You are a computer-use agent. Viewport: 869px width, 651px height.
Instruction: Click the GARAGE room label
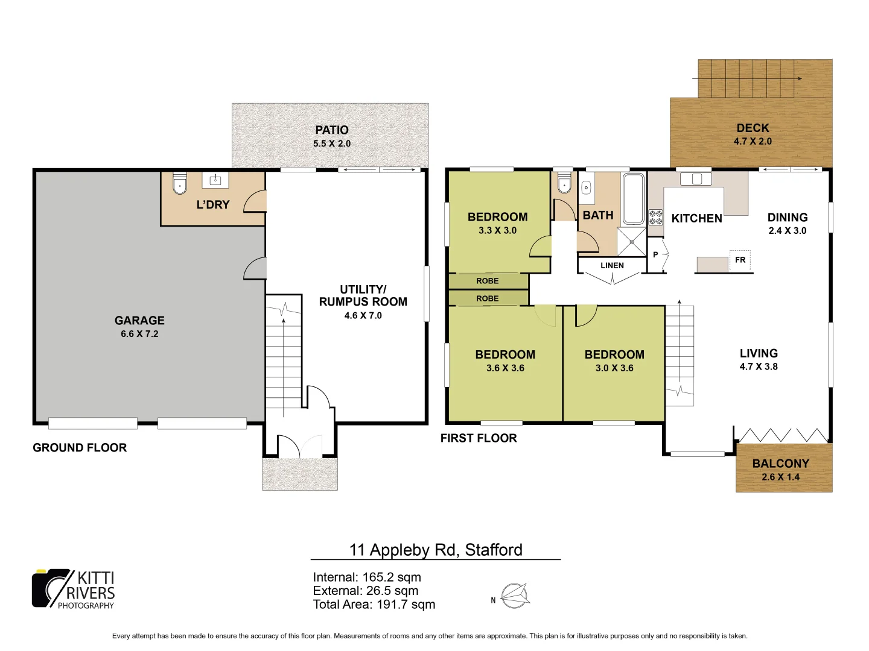(x=139, y=321)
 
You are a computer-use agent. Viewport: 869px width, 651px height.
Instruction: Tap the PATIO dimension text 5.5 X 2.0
(x=331, y=143)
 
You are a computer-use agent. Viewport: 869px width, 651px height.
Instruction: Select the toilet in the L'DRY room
(x=180, y=184)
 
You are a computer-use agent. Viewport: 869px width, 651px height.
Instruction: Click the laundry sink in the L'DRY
(x=215, y=180)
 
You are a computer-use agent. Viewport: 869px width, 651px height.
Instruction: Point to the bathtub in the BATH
(x=633, y=198)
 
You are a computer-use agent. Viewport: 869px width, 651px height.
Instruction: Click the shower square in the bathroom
(x=631, y=242)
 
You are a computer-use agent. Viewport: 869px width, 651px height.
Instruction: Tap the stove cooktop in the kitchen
(x=655, y=217)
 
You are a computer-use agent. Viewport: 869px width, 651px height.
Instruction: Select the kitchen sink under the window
(x=696, y=179)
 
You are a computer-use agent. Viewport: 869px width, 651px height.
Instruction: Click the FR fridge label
(x=740, y=260)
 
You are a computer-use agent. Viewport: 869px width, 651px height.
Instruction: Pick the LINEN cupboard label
(x=612, y=265)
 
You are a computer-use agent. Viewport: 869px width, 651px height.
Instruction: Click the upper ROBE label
(x=488, y=281)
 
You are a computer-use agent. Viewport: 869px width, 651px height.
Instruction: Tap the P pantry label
(x=655, y=255)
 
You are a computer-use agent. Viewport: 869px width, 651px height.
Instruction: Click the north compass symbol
(x=515, y=596)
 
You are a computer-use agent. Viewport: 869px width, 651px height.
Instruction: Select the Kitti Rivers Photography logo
(x=73, y=589)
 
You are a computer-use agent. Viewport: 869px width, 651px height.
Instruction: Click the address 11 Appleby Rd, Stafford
(x=436, y=550)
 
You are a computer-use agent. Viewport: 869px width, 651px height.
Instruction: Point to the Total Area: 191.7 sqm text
(x=374, y=605)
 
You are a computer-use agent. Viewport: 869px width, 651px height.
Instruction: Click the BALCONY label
(x=780, y=464)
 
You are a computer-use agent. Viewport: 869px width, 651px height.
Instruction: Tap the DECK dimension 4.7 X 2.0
(x=753, y=142)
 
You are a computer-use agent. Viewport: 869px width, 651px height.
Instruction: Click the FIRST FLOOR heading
(x=479, y=438)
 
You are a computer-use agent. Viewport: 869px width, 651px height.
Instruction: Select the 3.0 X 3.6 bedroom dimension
(x=614, y=368)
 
